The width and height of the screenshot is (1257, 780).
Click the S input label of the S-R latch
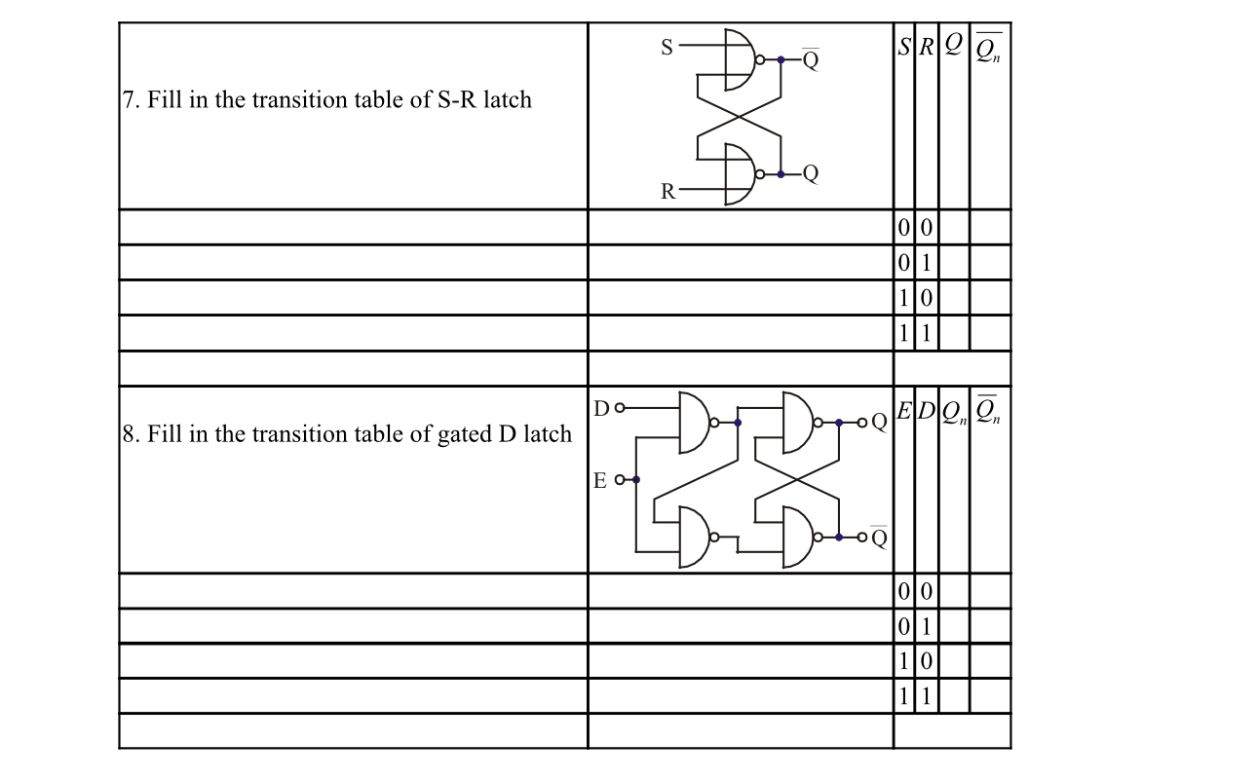coord(667,46)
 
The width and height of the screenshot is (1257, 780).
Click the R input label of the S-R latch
coord(667,191)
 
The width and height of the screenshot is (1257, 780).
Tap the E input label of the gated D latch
coord(601,479)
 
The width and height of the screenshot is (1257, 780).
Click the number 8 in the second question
coord(130,433)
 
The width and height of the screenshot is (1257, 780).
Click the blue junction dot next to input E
coord(635,479)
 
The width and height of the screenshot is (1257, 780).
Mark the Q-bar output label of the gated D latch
coord(879,538)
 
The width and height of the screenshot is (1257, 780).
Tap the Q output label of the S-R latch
coord(811,175)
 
